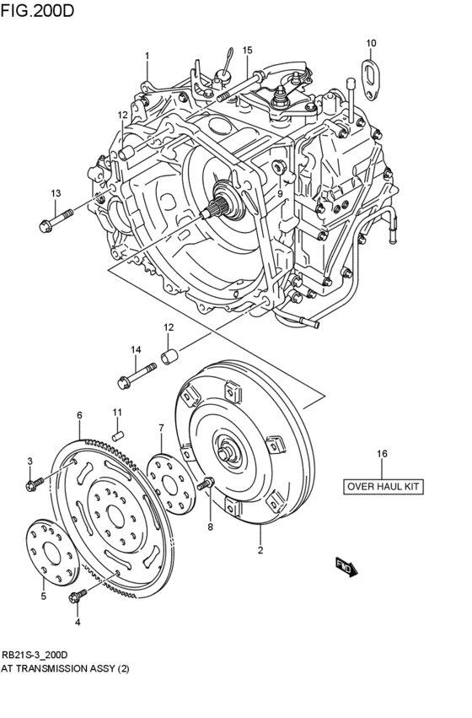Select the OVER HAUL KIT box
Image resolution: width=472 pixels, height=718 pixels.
coord(382,486)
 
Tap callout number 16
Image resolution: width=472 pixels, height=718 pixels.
coord(382,454)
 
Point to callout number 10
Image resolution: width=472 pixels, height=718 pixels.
coord(371,42)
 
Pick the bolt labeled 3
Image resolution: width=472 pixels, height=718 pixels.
coord(35,484)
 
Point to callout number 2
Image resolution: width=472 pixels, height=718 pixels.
coord(260,551)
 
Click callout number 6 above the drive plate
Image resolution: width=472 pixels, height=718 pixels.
coord(79,415)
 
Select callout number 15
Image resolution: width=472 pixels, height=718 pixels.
coord(247,50)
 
